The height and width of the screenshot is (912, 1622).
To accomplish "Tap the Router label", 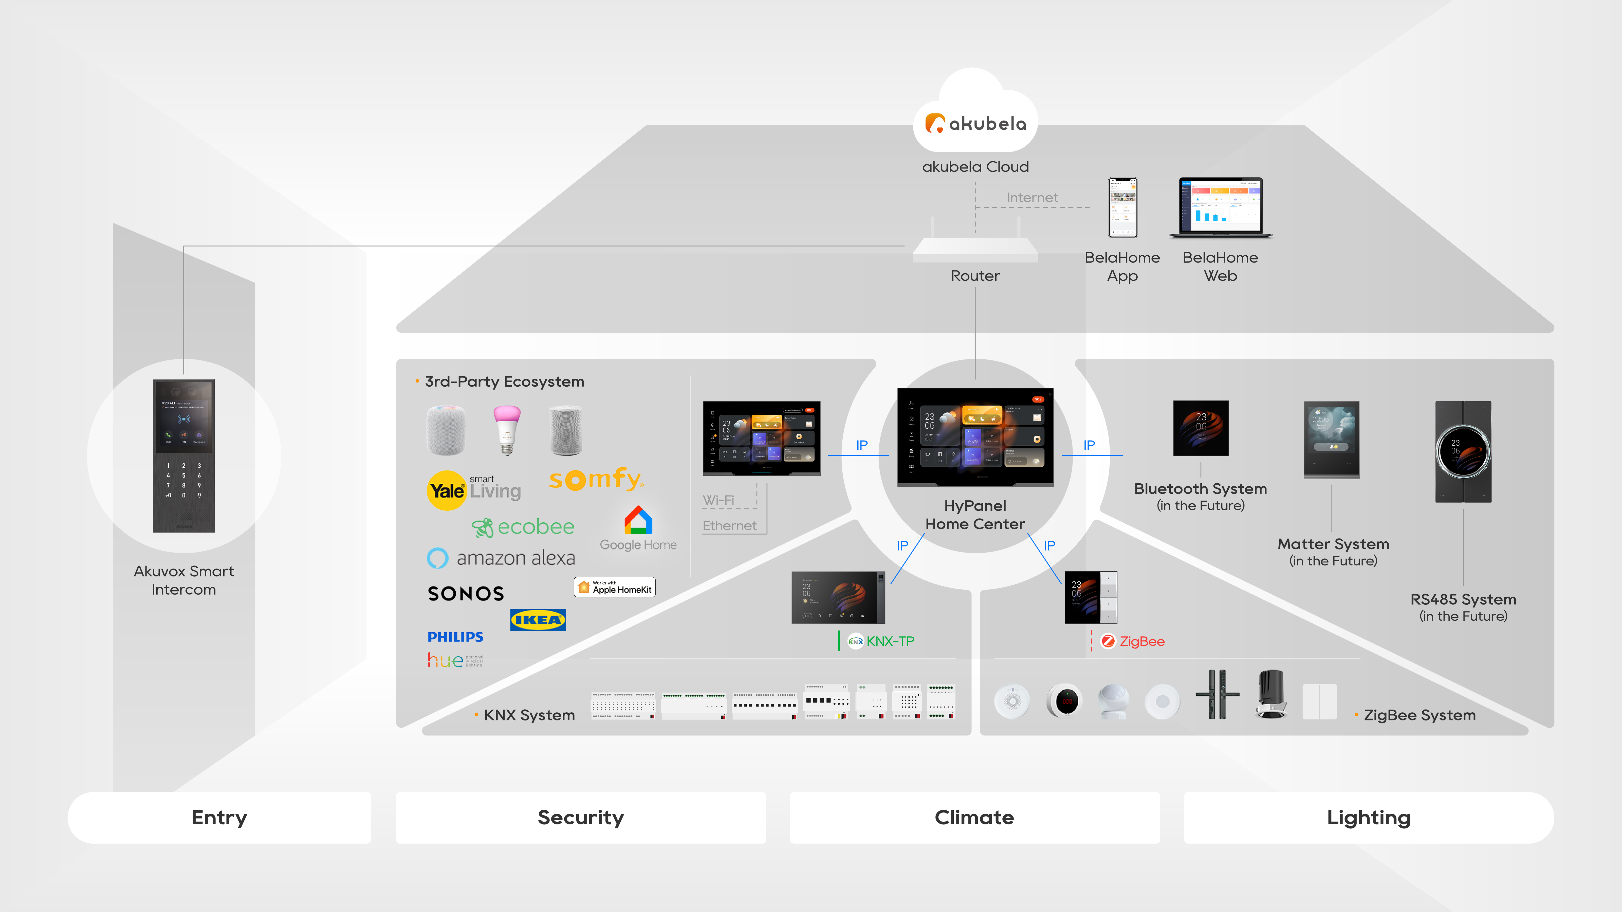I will coord(975,276).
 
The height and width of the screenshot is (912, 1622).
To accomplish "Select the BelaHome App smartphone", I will coord(1123,208).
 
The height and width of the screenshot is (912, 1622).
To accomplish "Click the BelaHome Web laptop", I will coord(1220,208).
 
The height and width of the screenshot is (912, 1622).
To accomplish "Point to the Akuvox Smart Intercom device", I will coord(184,456).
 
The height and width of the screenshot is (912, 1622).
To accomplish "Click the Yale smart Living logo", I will coord(473,490).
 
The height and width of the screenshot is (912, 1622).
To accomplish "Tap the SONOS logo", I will coord(466,594).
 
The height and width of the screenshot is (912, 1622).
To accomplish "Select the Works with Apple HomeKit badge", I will coord(615,587).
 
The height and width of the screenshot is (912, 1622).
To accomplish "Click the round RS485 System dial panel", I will coord(1463,451).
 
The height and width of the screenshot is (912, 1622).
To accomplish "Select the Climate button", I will coord(974,818).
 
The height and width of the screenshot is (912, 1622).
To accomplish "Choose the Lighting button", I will coord(1368,818).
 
